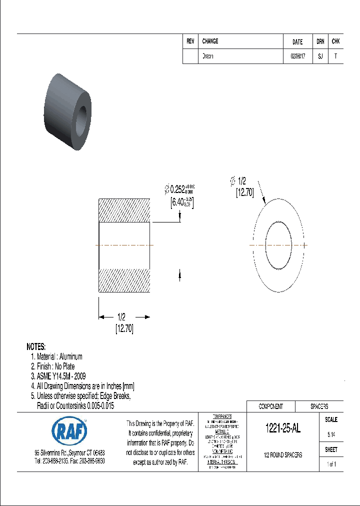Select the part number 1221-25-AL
[282, 428]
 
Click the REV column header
[190, 41]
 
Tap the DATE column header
[297, 42]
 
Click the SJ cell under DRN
[320, 56]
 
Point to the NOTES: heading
[36, 346]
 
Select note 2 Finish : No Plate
[52, 366]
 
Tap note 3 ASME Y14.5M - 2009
[59, 376]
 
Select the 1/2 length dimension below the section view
[121, 317]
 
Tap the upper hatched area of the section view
[124, 210]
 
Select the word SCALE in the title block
[331, 420]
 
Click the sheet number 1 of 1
[331, 464]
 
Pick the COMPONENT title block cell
[270, 406]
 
